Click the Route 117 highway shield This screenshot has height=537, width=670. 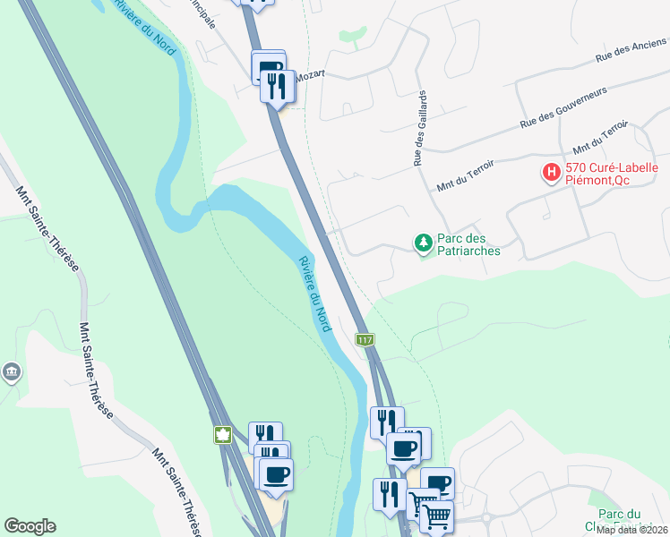(365, 340)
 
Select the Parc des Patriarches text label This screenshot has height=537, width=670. (468, 245)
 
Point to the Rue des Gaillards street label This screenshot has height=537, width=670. (418, 129)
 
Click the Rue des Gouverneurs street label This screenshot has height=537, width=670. (563, 107)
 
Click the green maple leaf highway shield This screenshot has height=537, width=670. (221, 436)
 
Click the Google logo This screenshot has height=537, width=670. (30, 526)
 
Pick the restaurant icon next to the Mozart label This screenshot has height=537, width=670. (277, 86)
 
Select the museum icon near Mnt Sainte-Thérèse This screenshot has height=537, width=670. (11, 371)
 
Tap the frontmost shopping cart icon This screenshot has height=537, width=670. (436, 516)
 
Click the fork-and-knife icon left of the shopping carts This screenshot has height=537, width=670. (390, 494)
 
